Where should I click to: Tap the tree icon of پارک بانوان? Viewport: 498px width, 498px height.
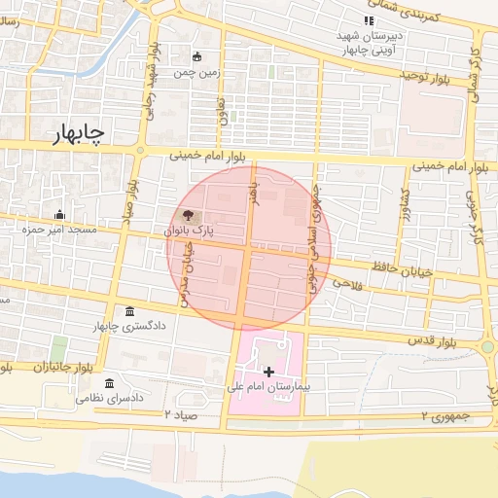click(x=186, y=216)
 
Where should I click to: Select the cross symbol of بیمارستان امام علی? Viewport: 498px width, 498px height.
click(x=268, y=372)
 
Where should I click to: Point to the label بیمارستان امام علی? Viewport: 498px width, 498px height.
click(x=268, y=387)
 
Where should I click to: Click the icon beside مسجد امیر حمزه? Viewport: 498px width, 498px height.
click(x=59, y=215)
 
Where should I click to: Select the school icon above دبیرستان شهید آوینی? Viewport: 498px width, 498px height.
click(x=368, y=20)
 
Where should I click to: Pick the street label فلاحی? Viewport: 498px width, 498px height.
click(x=346, y=282)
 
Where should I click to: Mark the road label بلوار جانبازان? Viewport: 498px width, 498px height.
click(x=34, y=369)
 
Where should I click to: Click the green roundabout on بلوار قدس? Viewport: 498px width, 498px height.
click(x=486, y=346)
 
